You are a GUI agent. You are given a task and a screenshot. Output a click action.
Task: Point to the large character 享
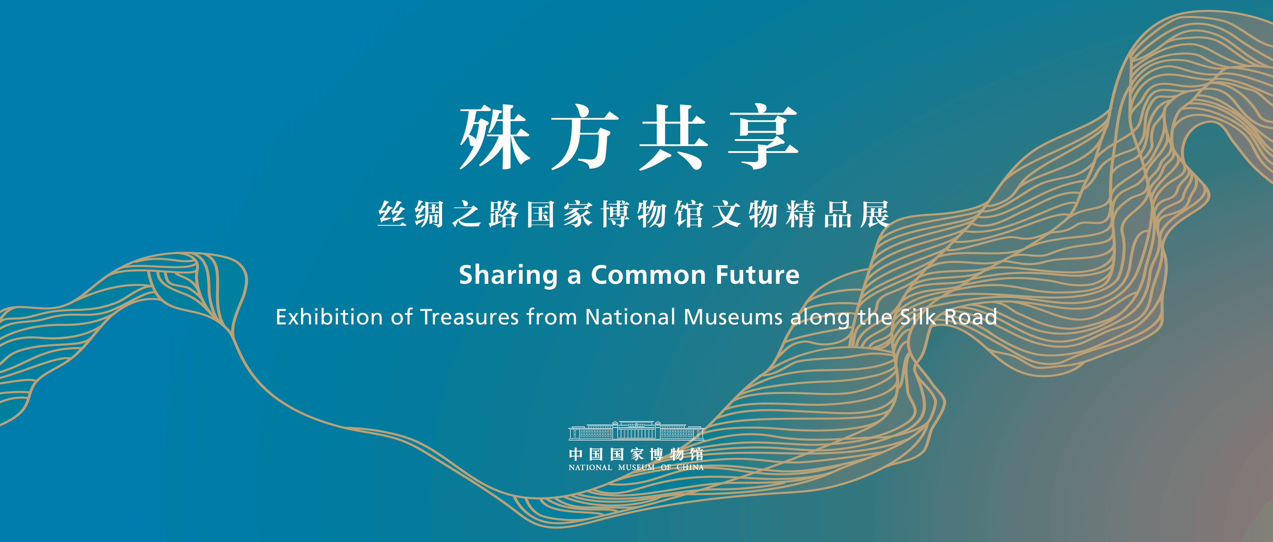(x=763, y=137)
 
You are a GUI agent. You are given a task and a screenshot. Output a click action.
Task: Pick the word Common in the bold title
(x=648, y=275)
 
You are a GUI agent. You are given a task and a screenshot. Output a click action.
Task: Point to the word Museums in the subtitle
(x=733, y=317)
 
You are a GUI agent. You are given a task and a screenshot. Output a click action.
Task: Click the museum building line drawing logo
(x=636, y=430)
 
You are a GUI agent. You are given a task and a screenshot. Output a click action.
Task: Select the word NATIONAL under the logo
(x=590, y=467)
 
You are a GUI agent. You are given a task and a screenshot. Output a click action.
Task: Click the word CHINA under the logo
(x=690, y=467)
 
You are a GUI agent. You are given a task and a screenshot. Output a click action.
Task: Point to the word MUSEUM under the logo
(x=636, y=467)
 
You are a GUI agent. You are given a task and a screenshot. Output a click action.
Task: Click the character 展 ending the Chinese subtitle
(x=875, y=214)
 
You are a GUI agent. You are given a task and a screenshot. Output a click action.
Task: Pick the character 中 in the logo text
(x=576, y=454)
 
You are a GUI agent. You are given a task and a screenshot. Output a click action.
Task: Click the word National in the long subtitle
(x=630, y=317)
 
